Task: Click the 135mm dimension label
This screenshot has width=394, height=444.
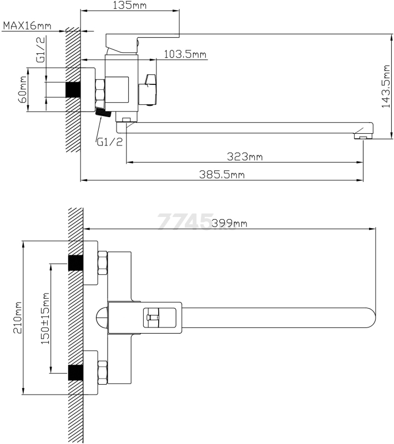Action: pos(130,5)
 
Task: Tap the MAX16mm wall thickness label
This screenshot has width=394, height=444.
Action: pos(27,26)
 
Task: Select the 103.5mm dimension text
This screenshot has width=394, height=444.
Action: pos(185,54)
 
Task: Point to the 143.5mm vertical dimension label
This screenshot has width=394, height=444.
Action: pos(386,87)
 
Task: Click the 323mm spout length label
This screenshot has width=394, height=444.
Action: pos(245,157)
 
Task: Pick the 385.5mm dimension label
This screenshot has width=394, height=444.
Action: pos(221,174)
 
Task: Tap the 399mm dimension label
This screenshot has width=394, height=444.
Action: pos(229,224)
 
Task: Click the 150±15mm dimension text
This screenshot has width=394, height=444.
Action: pos(45,318)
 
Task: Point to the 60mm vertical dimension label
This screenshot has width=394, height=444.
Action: pos(23,89)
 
